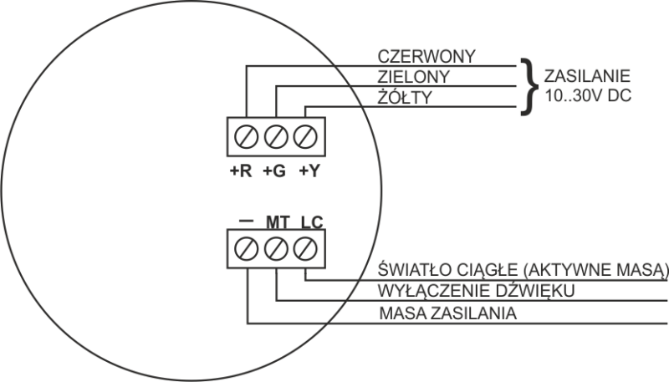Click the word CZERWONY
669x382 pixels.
click(x=426, y=57)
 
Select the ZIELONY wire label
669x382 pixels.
click(x=416, y=77)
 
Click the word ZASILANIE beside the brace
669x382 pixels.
click(x=578, y=74)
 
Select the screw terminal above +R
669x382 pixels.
click(x=248, y=135)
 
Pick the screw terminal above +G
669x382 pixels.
click(x=276, y=135)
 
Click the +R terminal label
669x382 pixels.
click(x=240, y=172)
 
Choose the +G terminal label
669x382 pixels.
click(x=273, y=172)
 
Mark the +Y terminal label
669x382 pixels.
click(x=308, y=172)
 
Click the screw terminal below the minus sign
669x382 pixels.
click(x=248, y=247)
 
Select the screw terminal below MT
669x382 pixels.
click(x=276, y=247)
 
